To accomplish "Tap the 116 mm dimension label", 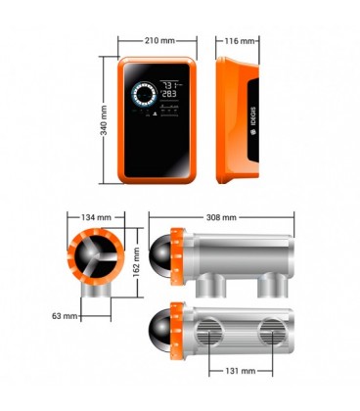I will pos(241,42).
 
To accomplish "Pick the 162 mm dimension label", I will pos(137,265).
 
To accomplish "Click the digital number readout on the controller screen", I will pos(169,91).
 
